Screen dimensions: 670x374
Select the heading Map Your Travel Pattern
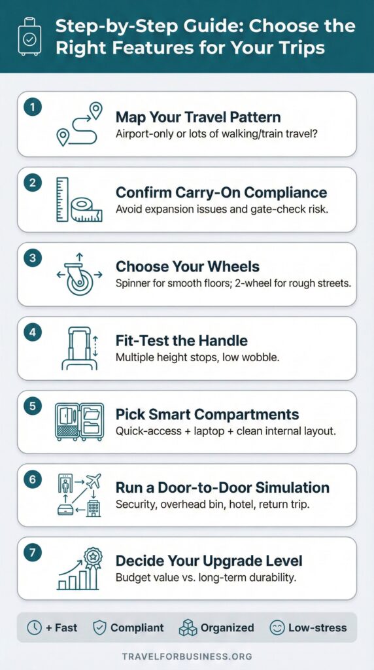click(198, 117)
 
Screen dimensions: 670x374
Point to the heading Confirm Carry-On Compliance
click(221, 192)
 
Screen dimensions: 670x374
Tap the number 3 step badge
click(31, 256)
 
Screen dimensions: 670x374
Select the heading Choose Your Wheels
click(188, 266)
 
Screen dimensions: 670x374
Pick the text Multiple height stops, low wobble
click(190, 357)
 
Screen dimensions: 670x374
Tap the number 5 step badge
click(31, 404)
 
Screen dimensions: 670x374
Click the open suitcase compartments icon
click(79, 422)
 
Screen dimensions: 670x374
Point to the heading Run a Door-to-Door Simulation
click(222, 487)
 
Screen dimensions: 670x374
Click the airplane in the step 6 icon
click(93, 481)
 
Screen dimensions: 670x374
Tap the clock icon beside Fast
click(34, 627)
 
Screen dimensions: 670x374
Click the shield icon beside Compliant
click(99, 627)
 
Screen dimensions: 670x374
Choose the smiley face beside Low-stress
click(277, 627)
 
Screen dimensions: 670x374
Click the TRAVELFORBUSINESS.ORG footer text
click(187, 656)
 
